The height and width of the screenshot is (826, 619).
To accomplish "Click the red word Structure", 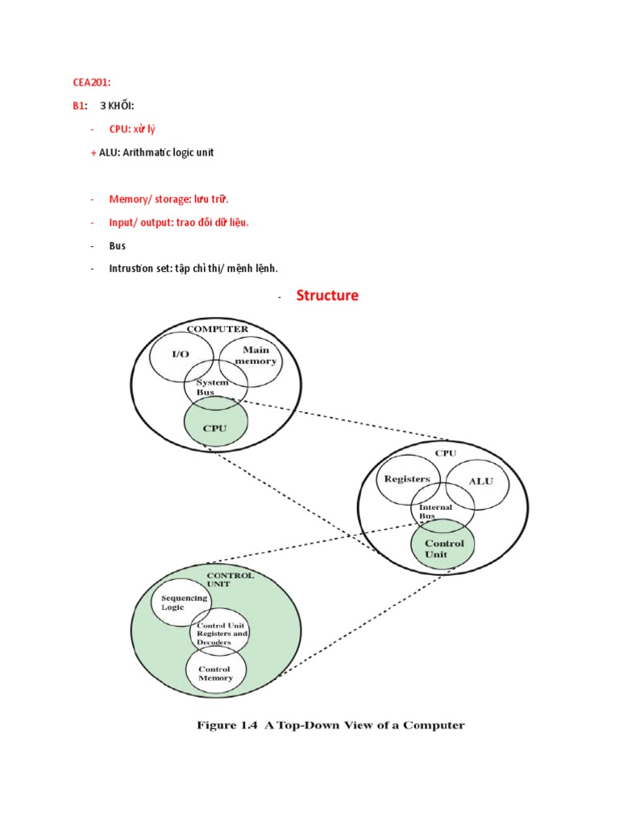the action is point(327,295).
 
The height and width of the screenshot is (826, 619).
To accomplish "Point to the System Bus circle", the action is point(214,387).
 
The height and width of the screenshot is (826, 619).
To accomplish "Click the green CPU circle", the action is point(215,426).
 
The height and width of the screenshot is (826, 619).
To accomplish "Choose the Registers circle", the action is point(406,479).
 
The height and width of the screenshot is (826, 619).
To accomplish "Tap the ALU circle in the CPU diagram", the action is point(480,482).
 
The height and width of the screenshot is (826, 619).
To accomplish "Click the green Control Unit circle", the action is point(444,549).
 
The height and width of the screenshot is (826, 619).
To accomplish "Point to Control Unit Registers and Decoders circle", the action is point(219,634).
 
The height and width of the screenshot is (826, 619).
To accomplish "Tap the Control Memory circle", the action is point(216,673).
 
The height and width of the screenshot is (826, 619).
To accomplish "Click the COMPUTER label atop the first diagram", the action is point(217,329).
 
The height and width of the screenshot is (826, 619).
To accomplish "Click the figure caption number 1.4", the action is point(247,725).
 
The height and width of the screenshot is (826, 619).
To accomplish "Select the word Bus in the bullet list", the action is point(118,245).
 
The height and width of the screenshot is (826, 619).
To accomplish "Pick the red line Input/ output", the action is point(179,222).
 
